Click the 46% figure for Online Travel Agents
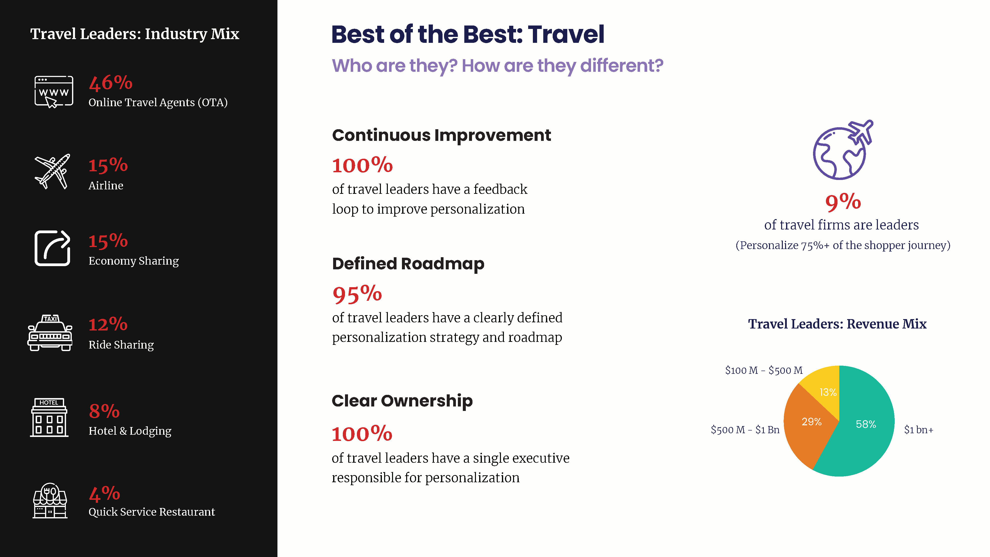(111, 83)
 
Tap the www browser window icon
(54, 92)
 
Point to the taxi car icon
(50, 333)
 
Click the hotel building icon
(49, 417)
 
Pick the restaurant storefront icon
(50, 501)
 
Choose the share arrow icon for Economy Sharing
(52, 248)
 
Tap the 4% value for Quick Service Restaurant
(104, 494)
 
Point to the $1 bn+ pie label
(918, 430)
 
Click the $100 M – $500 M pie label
(764, 370)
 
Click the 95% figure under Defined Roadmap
(357, 294)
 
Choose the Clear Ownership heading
(402, 401)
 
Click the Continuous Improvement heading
(442, 135)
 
